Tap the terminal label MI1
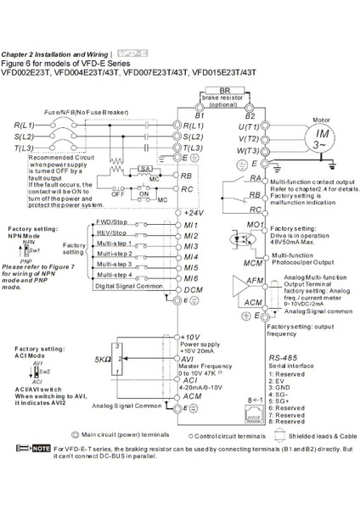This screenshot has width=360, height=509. (191, 223)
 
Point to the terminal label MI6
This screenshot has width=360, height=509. (191, 278)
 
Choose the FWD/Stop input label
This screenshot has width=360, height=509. (112, 221)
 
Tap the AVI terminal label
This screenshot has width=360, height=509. (190, 359)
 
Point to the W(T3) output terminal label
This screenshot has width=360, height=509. (247, 149)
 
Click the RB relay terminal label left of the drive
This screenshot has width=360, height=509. (191, 175)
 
